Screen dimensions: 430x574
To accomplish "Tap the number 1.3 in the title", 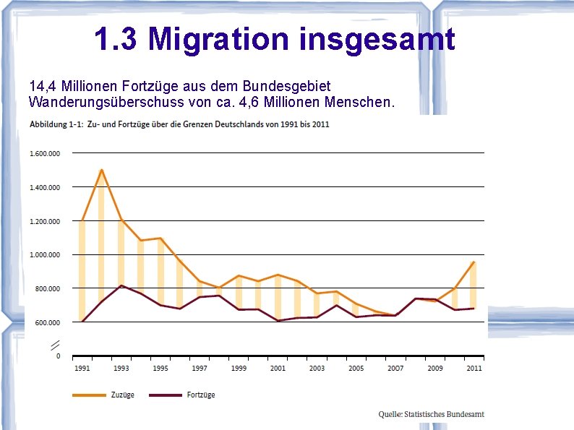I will click(x=116, y=39).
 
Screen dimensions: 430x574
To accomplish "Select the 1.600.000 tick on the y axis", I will click(x=45, y=153).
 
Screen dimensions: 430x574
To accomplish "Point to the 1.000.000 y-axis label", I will click(x=45, y=255).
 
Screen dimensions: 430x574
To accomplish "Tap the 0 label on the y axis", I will click(x=58, y=356).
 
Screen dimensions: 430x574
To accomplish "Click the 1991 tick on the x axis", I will click(x=82, y=369).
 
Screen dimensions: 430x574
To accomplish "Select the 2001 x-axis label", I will click(x=278, y=369).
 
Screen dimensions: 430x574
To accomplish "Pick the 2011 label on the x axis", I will click(x=474, y=369).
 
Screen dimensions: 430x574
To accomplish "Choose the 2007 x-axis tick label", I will click(x=395, y=369).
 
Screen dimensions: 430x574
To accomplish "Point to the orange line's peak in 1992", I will click(x=102, y=170).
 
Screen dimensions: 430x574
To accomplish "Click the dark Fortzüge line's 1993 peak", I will click(x=121, y=285).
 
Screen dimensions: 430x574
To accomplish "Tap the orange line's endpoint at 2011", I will click(x=474, y=262).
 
